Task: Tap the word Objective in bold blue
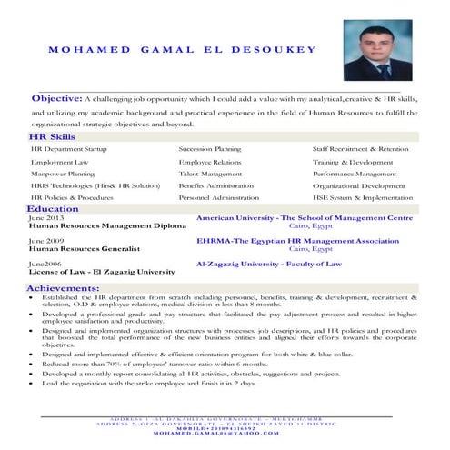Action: pyautogui.click(x=56, y=97)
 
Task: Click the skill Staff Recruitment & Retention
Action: pyautogui.click(x=360, y=148)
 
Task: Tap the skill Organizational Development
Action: pyautogui.click(x=359, y=185)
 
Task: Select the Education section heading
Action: pyautogui.click(x=53, y=209)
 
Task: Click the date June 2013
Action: pyautogui.click(x=46, y=219)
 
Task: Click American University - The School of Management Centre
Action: pyautogui.click(x=304, y=219)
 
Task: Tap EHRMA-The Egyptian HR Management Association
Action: pyautogui.click(x=297, y=241)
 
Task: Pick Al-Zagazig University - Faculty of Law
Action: pyautogui.click(x=269, y=264)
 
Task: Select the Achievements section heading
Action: pyautogui.click(x=63, y=287)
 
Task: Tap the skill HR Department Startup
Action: pyautogui.click(x=68, y=148)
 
